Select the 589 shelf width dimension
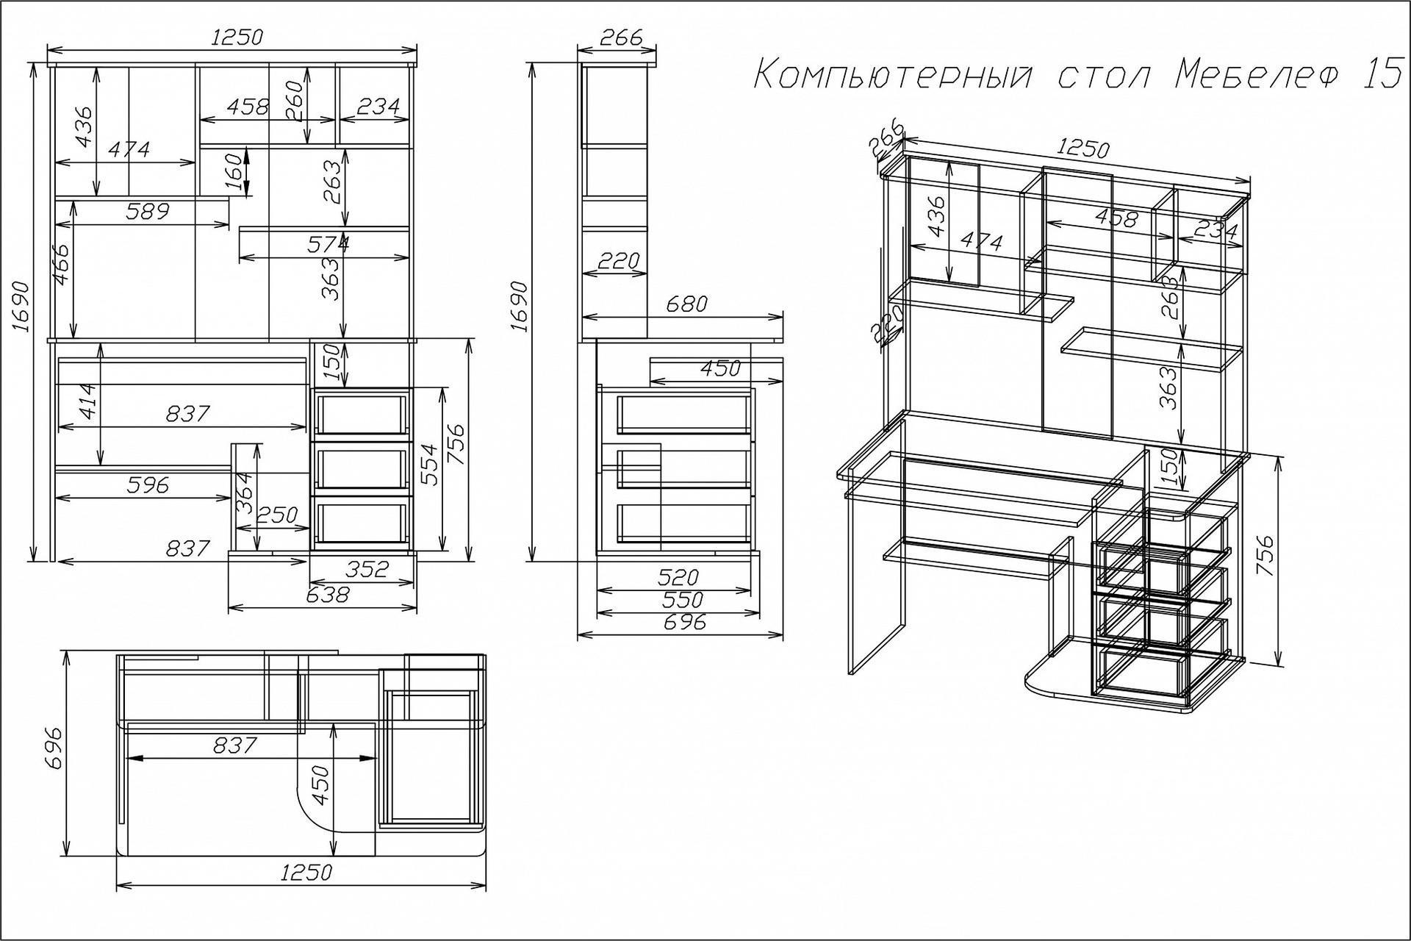(x=148, y=211)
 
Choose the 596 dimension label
(x=148, y=484)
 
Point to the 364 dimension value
(x=245, y=493)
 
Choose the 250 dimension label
(x=276, y=514)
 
